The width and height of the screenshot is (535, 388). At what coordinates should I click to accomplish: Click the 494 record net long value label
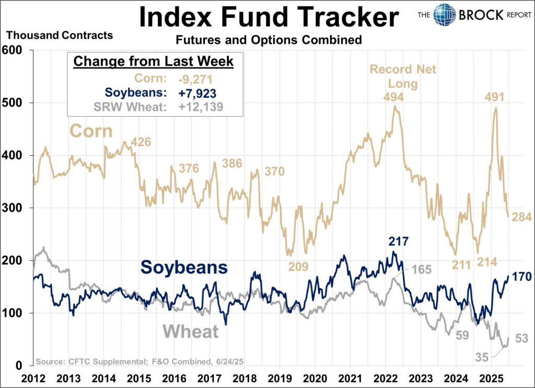pyautogui.click(x=393, y=97)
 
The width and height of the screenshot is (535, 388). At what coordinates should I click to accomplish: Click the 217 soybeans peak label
pyautogui.click(x=399, y=241)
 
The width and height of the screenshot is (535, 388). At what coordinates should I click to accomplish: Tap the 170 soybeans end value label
pyautogui.click(x=522, y=277)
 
